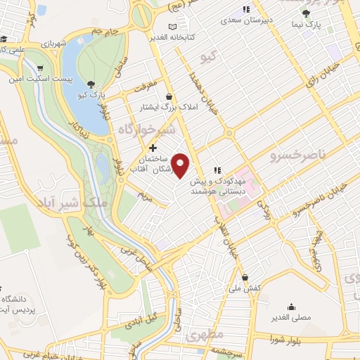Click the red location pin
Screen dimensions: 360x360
pyautogui.click(x=181, y=166)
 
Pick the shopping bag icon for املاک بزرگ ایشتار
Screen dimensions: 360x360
pyautogui.click(x=169, y=97)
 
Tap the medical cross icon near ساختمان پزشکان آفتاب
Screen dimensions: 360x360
pyautogui.click(x=153, y=148)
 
